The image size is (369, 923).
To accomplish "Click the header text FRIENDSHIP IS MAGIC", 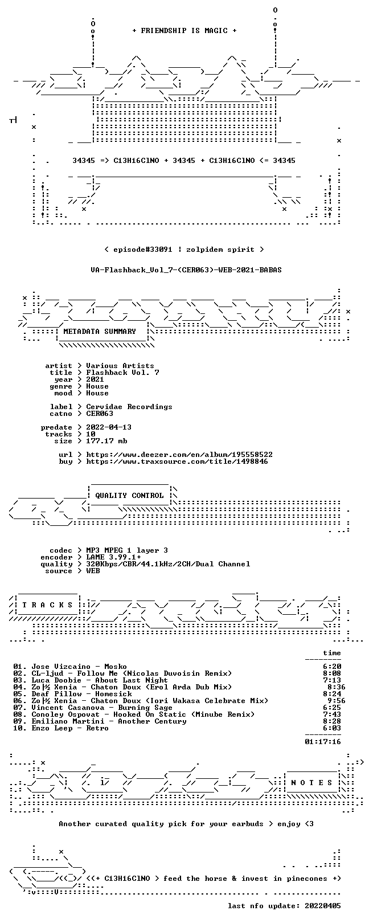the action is coord(184,31).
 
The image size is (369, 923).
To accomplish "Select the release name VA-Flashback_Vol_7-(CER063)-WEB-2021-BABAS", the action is coord(186,270).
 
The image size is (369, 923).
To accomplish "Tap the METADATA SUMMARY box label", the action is coord(100,331).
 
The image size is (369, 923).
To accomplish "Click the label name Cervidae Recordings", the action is coord(129,407).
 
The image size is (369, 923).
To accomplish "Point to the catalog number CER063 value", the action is coord(100,413).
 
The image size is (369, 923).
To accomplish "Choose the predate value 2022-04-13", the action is coord(109,427).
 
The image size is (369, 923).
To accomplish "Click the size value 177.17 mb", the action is coord(106,441).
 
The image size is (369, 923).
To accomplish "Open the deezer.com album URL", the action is coord(179,455).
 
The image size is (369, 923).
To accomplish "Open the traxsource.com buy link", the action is coord(177,461).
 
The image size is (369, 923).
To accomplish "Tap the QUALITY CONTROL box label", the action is coord(129,496).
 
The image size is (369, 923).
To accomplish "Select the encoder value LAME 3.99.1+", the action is coord(113,557).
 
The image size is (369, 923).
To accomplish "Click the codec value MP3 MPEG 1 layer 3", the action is coord(127,550).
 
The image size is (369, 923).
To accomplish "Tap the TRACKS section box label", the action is coord(47,605).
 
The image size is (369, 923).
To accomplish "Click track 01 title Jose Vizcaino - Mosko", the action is coord(79,667).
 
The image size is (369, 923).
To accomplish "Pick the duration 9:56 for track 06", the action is coord(337,701).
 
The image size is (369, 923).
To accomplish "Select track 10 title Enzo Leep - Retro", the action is coord(70,728).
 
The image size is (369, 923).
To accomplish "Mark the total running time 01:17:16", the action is coord(323,742).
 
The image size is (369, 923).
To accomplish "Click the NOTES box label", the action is coord(311,782).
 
